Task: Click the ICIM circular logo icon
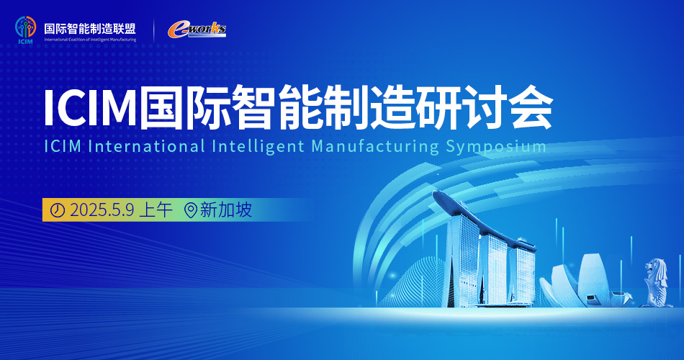25,28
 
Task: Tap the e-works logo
197,30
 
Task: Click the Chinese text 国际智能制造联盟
90,29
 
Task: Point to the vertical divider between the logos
153,30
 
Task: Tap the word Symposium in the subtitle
496,147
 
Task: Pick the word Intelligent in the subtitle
258,147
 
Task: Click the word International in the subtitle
146,146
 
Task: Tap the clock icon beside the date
58,210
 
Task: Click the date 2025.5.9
102,210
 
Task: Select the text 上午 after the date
156,210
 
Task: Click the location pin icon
191,210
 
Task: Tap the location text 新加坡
226,210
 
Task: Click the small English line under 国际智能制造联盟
90,40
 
